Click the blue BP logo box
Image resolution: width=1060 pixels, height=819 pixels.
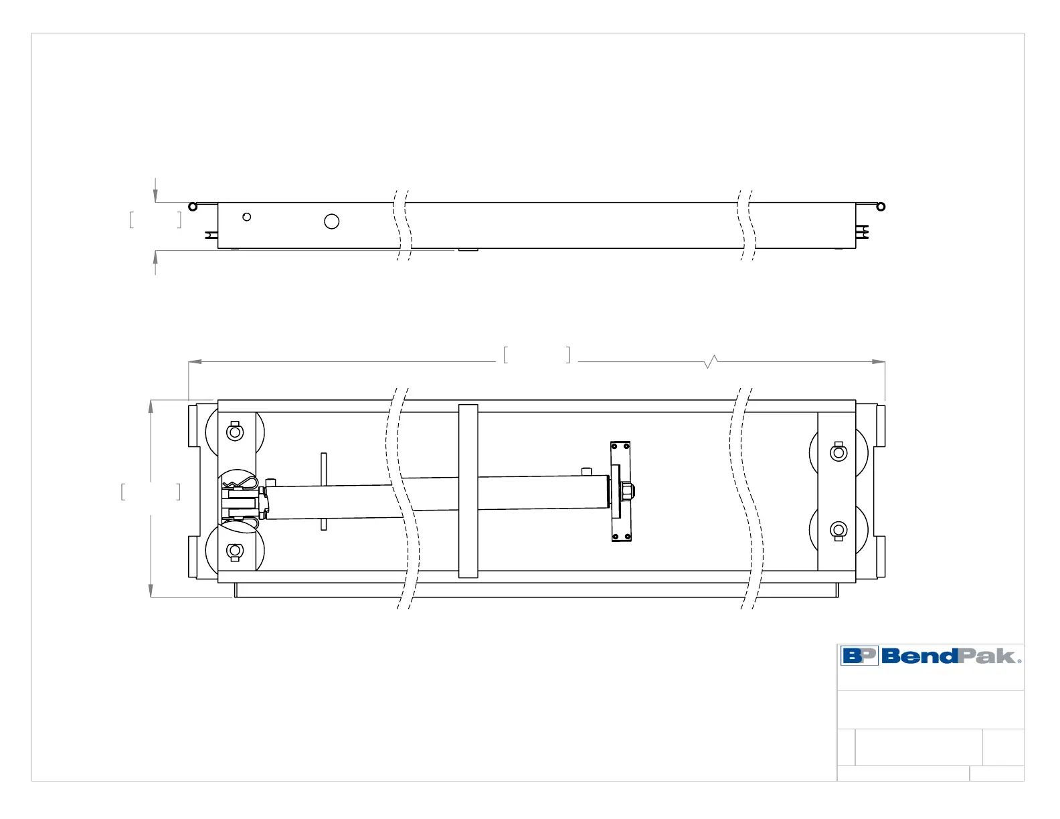tap(859, 656)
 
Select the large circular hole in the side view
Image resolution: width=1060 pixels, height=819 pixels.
tap(331, 221)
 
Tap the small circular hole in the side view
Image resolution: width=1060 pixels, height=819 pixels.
tap(247, 217)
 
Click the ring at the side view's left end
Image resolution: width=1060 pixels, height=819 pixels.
tap(193, 206)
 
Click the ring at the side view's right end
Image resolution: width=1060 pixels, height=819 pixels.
tap(881, 206)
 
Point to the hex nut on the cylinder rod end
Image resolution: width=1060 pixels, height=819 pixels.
tap(628, 492)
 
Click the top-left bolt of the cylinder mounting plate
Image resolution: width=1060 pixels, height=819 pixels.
tap(614, 446)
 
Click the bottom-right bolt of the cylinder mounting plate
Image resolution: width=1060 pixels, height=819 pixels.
tap(627, 537)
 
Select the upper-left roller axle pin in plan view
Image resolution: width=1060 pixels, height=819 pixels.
tap(235, 432)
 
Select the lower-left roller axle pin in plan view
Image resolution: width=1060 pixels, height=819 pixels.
tap(235, 551)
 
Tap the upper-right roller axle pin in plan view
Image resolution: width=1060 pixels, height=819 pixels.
tap(838, 453)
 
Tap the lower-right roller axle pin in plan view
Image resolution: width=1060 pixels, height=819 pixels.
tap(838, 531)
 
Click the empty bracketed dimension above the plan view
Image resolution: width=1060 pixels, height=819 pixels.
tap(537, 355)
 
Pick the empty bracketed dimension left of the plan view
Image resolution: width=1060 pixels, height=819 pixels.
tap(151, 492)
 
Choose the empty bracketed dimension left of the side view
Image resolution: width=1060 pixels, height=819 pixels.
tap(155, 219)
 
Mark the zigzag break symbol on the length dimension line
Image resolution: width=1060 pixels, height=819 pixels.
tap(711, 362)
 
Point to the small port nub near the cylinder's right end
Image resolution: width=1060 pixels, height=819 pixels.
tap(587, 472)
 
